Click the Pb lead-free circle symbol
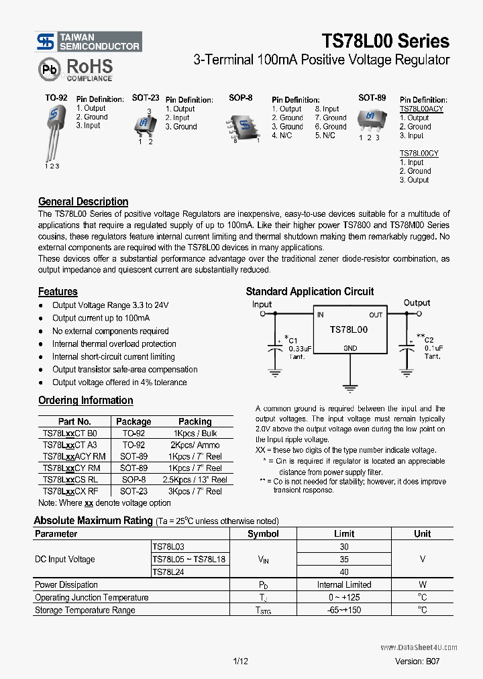coord(48,69)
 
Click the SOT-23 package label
coord(145,98)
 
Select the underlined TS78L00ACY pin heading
coord(421,109)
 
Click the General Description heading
coord(83,201)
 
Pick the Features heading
coord(58,291)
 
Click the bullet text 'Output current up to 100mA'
coord(101,318)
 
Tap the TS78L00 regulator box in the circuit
coord(348,331)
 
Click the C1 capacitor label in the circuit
coord(294,339)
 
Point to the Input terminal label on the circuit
coord(262,304)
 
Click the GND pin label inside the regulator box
coord(350,348)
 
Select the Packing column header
coord(195,421)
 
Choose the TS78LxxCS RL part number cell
coord(70,479)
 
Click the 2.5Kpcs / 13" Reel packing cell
coord(195,479)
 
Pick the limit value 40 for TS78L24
coord(344,572)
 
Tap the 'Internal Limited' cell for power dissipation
coord(344,584)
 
